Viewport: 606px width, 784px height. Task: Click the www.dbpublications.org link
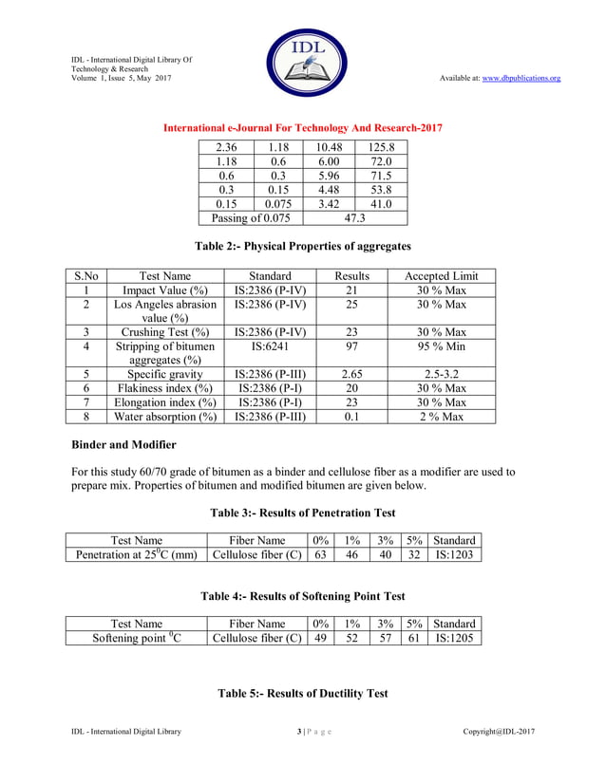[x=521, y=78]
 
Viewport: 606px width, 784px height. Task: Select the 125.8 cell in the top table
[x=381, y=147]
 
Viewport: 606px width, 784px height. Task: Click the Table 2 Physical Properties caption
[x=302, y=246]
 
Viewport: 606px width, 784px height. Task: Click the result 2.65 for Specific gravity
[x=350, y=374]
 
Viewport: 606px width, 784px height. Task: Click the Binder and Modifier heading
[x=124, y=444]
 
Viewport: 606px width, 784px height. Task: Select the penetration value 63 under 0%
[x=321, y=554]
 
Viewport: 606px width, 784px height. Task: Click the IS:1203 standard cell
[x=455, y=554]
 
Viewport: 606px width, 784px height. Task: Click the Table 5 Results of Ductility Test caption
[x=302, y=694]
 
